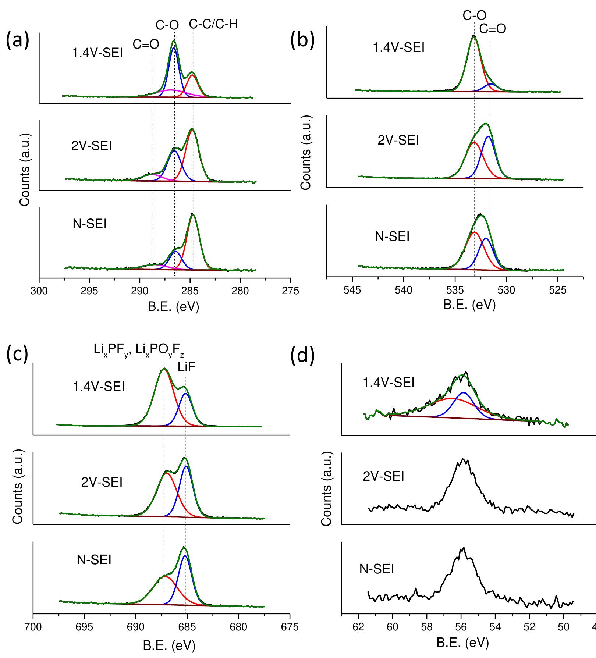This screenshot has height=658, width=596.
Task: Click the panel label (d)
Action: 302,357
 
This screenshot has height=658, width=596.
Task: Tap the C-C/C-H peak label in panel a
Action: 213,24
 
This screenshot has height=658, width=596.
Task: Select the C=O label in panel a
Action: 146,45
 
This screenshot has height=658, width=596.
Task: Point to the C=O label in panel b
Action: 492,29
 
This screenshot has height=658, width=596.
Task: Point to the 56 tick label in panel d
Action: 461,626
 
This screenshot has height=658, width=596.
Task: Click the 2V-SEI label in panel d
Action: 383,477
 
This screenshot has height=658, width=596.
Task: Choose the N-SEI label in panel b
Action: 392,236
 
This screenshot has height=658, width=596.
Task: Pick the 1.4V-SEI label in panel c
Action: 99,387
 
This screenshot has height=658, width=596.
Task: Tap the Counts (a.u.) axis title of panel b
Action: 306,153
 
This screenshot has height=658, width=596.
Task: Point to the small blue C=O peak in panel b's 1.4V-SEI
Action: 491,84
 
